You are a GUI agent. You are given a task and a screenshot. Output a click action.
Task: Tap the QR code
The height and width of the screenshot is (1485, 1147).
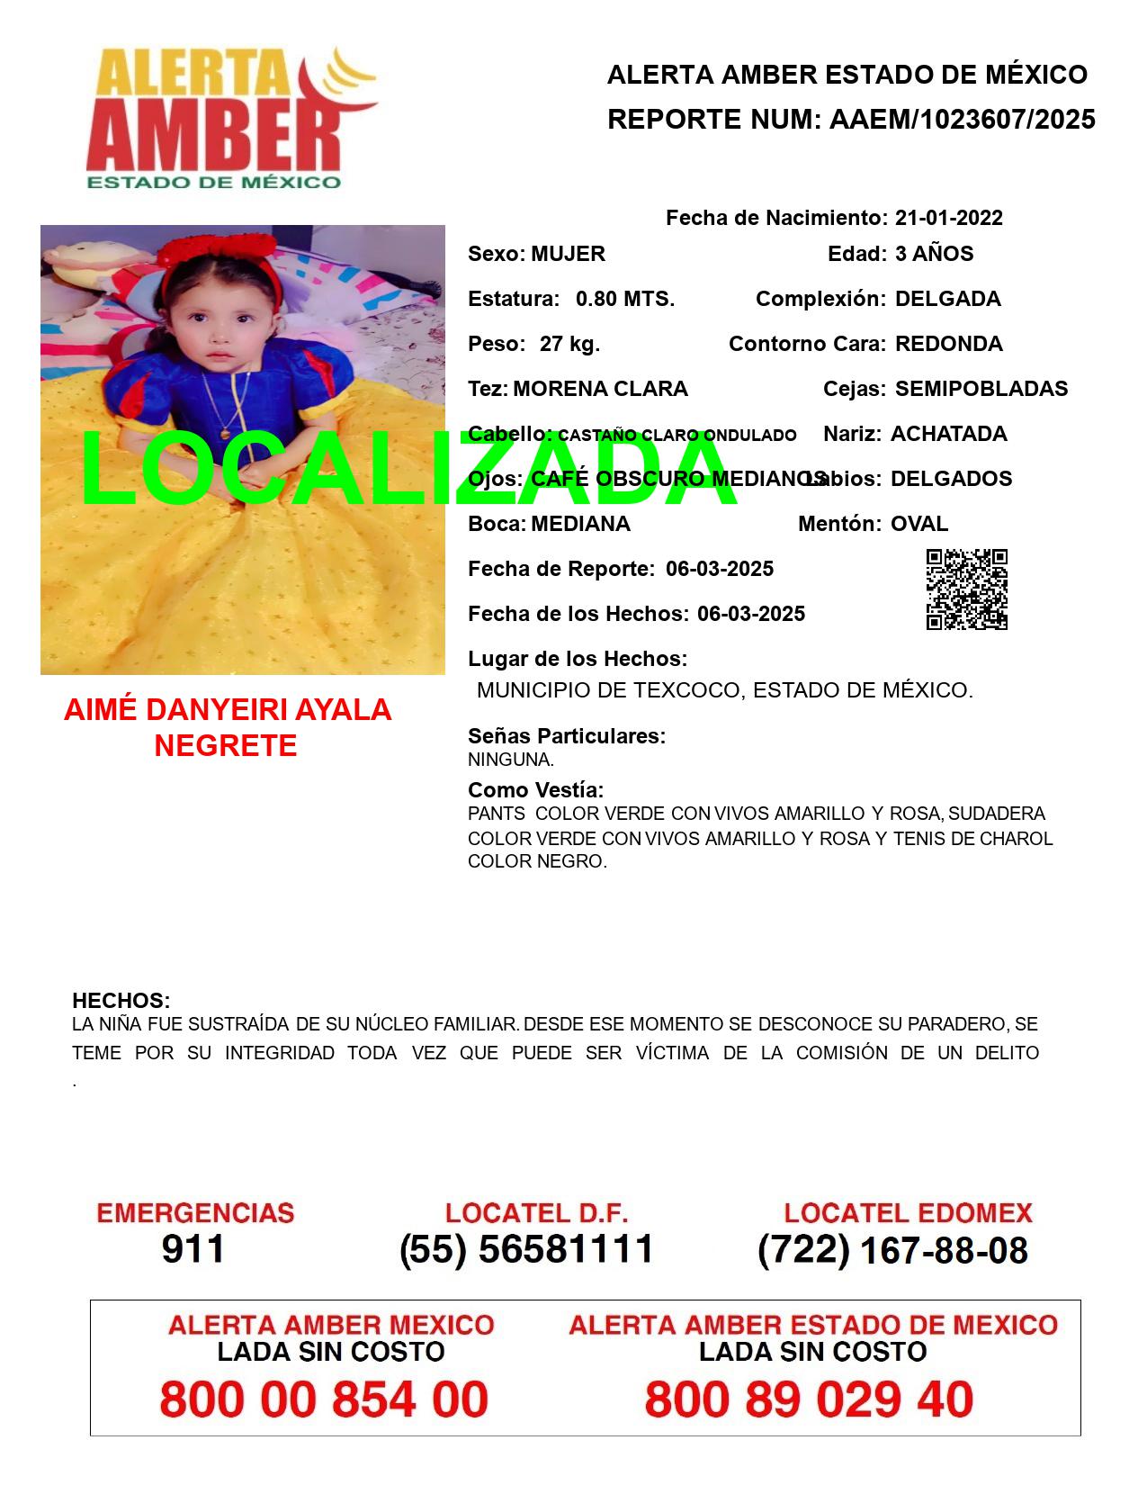pyautogui.click(x=966, y=589)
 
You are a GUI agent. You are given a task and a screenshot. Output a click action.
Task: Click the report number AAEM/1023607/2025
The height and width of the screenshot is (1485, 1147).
pyautogui.click(x=962, y=120)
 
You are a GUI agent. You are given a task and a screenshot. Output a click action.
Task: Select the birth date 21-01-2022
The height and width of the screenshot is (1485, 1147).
pyautogui.click(x=948, y=218)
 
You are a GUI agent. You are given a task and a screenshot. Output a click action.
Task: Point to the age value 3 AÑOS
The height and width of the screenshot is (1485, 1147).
pyautogui.click(x=934, y=254)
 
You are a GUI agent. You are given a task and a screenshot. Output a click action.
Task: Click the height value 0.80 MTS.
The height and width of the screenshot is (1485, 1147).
pyautogui.click(x=624, y=299)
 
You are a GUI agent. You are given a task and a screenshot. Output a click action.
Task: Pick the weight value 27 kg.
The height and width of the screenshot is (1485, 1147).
pyautogui.click(x=569, y=344)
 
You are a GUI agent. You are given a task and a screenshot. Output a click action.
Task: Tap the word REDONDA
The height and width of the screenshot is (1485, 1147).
pyautogui.click(x=948, y=344)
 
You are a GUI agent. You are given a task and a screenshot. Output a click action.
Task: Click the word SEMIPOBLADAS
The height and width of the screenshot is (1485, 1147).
pyautogui.click(x=981, y=389)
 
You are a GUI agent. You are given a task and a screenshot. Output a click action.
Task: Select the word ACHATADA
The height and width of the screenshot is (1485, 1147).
pyautogui.click(x=948, y=434)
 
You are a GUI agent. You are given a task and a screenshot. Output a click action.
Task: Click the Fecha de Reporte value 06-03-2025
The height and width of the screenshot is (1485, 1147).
pyautogui.click(x=720, y=569)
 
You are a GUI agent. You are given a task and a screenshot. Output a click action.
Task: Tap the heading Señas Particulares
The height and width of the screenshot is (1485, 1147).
pyautogui.click(x=566, y=736)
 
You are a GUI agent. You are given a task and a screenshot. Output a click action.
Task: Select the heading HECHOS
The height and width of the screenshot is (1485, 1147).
pyautogui.click(x=121, y=1001)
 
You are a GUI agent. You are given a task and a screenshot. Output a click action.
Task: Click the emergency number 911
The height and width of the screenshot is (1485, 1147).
pyautogui.click(x=193, y=1249)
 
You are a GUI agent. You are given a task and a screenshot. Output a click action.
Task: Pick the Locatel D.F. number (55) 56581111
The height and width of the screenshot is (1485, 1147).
pyautogui.click(x=526, y=1249)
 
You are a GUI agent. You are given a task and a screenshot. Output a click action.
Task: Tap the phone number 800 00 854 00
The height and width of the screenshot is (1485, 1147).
pyautogui.click(x=324, y=1399)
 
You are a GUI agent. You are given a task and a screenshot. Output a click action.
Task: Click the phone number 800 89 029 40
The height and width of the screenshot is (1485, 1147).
pyautogui.click(x=809, y=1399)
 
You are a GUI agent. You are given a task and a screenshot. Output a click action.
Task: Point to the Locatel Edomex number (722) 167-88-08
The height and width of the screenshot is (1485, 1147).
pyautogui.click(x=892, y=1250)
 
